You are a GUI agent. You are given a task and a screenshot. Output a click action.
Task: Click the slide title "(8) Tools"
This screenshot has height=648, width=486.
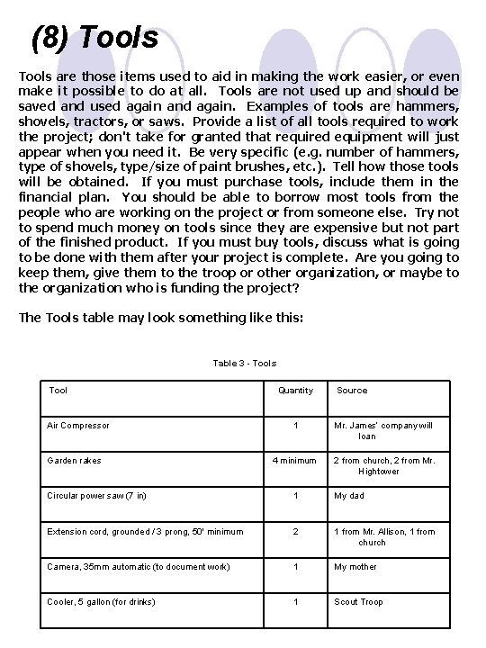click(94, 38)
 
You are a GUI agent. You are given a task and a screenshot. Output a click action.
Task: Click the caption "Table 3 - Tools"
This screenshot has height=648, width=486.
click(244, 363)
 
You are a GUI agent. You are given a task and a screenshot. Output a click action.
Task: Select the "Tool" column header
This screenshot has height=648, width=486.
click(58, 391)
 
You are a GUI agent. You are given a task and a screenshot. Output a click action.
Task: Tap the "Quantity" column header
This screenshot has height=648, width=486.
click(295, 391)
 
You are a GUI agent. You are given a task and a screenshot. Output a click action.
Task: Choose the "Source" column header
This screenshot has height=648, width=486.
click(352, 391)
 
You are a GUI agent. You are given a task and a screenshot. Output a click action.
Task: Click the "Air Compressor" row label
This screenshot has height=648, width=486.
click(77, 426)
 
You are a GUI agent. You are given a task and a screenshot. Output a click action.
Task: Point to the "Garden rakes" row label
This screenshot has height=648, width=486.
click(74, 461)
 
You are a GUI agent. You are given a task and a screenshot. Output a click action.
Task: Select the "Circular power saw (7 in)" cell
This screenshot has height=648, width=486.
click(96, 496)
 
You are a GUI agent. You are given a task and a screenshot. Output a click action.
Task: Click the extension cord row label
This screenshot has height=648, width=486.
click(145, 532)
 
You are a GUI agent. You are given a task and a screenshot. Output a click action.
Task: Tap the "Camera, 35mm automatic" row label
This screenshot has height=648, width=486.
click(138, 567)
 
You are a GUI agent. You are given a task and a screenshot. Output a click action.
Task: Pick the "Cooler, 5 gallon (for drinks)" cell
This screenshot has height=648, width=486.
click(101, 602)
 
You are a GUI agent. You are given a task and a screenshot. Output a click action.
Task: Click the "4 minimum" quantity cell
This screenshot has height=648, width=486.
click(295, 461)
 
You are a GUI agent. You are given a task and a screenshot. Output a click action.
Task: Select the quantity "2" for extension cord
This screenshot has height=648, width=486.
click(295, 532)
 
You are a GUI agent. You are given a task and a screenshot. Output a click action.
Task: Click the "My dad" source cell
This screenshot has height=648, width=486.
click(350, 496)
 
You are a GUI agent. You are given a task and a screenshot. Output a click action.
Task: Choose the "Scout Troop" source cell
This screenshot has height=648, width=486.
click(358, 602)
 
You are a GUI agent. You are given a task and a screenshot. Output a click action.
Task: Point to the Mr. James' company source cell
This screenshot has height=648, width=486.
click(383, 430)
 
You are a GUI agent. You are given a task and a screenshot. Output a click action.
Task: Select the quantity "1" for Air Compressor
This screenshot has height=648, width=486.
click(295, 426)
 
